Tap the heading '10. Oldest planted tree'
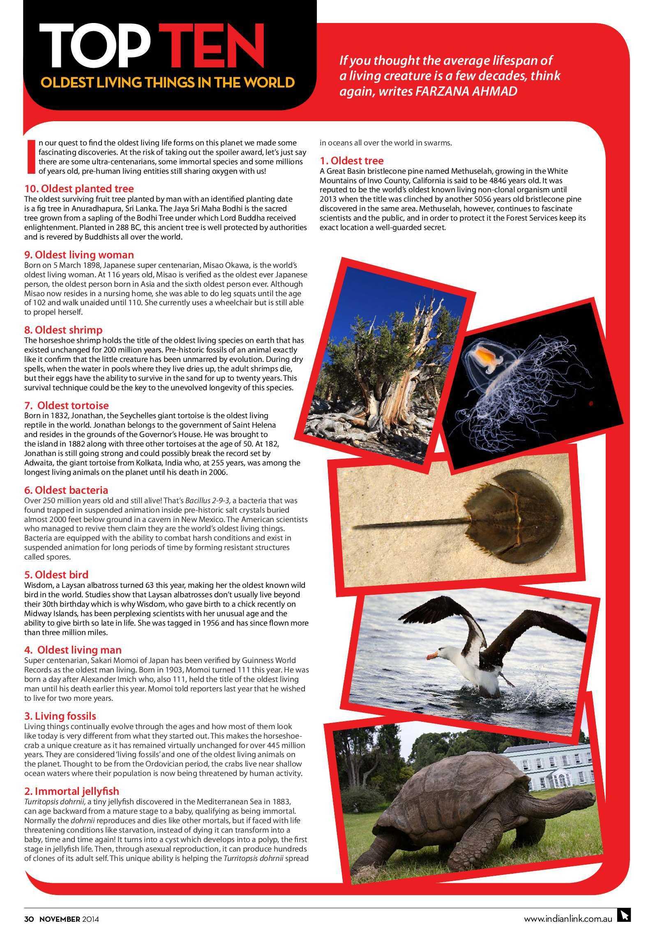[x=79, y=189]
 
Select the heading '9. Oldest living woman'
[x=79, y=255]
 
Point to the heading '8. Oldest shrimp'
[x=63, y=330]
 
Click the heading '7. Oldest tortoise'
[x=67, y=405]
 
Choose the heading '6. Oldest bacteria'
[x=66, y=490]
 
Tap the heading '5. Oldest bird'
[x=56, y=574]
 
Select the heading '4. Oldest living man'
[x=73, y=650]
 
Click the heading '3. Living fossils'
[x=60, y=716]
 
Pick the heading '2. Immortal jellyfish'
[x=71, y=791]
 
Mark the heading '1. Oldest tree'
[x=351, y=160]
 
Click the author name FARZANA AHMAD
[x=466, y=91]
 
